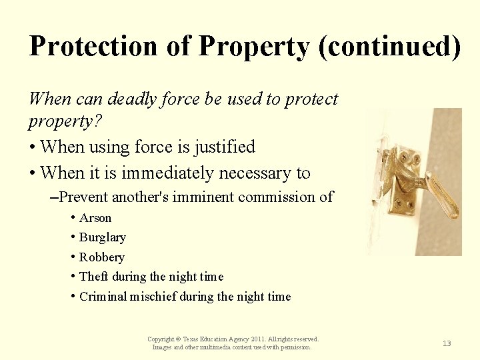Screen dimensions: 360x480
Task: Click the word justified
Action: tap(222, 147)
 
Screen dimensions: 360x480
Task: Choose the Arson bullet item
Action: tap(95, 218)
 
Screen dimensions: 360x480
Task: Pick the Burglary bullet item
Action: tap(102, 237)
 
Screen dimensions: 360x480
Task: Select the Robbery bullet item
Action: tap(101, 257)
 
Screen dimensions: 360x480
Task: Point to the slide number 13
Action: tap(447, 343)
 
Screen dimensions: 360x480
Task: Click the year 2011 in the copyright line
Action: tap(242, 339)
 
